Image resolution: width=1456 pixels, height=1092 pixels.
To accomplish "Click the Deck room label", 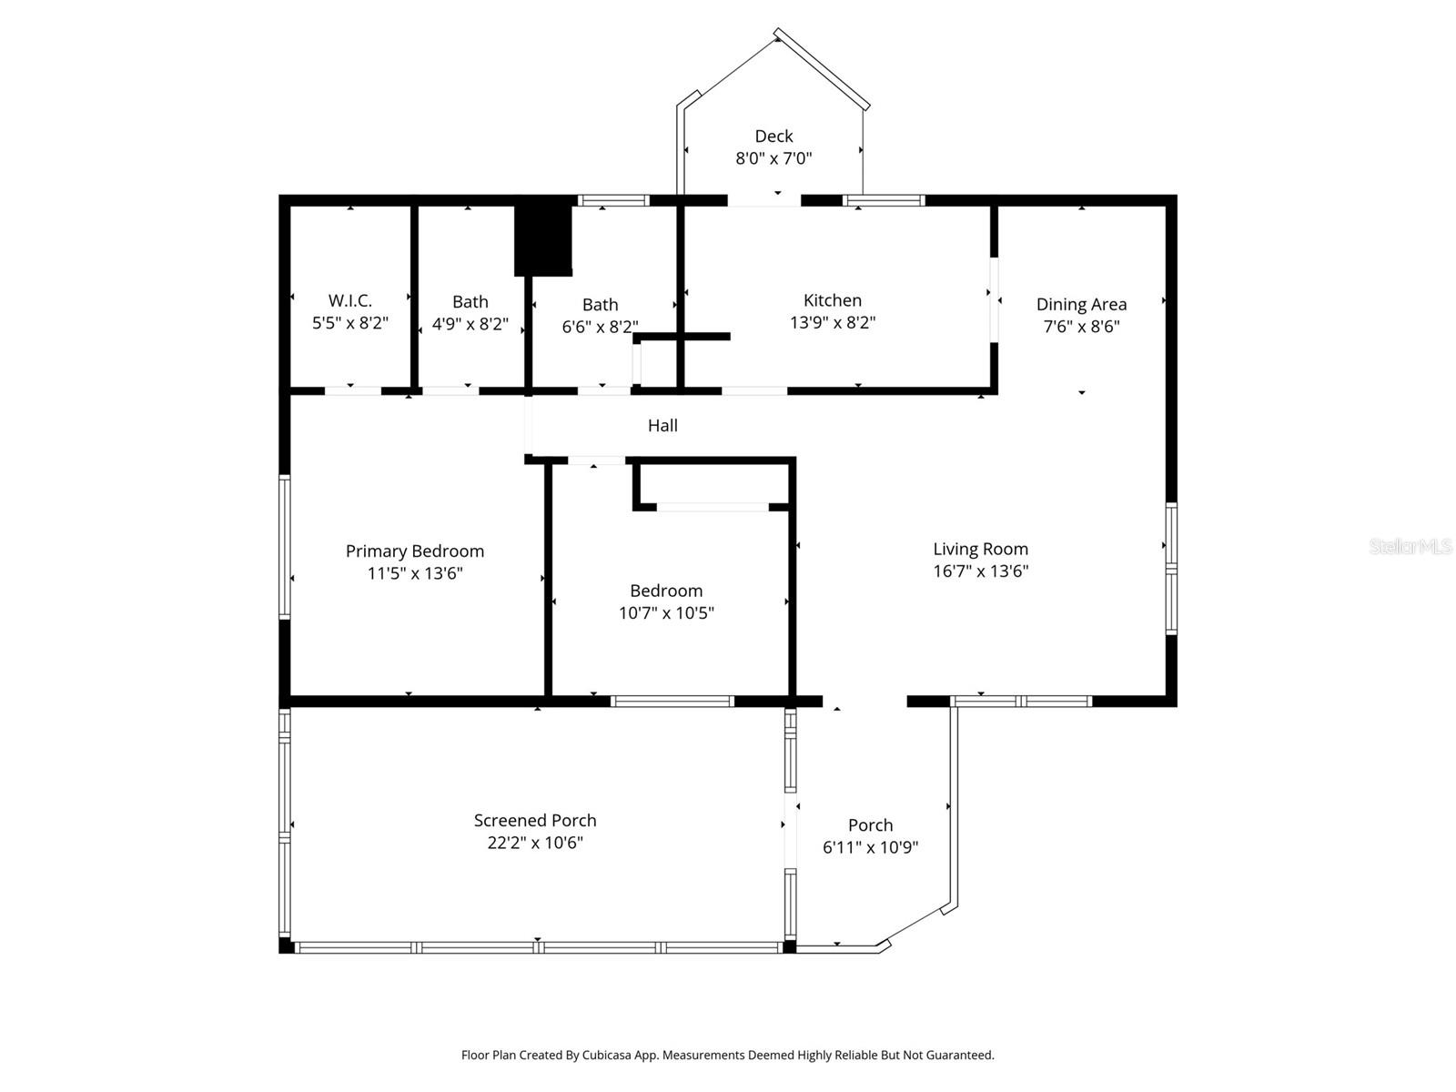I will click(x=773, y=136).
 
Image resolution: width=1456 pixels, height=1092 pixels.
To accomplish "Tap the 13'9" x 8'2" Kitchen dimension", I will click(x=833, y=322).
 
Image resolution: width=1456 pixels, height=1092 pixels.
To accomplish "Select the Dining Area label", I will click(x=1081, y=304).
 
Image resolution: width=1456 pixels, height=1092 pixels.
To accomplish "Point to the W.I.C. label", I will click(x=350, y=300).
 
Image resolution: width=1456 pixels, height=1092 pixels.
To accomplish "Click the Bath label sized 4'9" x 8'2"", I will click(x=470, y=301).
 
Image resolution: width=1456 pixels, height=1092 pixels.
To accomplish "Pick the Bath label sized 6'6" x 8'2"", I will click(x=601, y=304).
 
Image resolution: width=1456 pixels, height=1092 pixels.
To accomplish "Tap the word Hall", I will click(x=662, y=425).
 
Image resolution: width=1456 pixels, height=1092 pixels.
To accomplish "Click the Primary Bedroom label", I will click(x=415, y=551).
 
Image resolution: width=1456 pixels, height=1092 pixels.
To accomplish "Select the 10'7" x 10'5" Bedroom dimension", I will click(x=666, y=612).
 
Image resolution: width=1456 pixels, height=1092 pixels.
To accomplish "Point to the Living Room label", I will click(x=980, y=549).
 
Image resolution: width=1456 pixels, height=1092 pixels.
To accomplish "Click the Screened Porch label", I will click(x=535, y=820).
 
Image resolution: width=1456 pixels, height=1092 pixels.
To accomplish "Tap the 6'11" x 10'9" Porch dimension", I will click(x=870, y=847).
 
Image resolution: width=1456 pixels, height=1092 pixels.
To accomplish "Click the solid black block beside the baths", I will click(x=543, y=239).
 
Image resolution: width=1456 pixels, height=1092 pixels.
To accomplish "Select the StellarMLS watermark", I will click(x=1410, y=546).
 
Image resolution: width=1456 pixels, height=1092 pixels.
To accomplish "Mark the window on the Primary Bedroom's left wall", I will click(x=285, y=547).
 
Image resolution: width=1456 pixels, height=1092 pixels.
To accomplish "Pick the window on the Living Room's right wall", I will click(x=1172, y=569).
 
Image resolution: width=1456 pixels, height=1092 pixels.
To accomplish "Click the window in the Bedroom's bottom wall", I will click(x=672, y=701).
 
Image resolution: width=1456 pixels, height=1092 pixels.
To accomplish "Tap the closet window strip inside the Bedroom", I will click(x=713, y=507).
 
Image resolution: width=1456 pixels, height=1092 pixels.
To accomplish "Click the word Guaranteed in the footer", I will click(x=960, y=1056).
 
